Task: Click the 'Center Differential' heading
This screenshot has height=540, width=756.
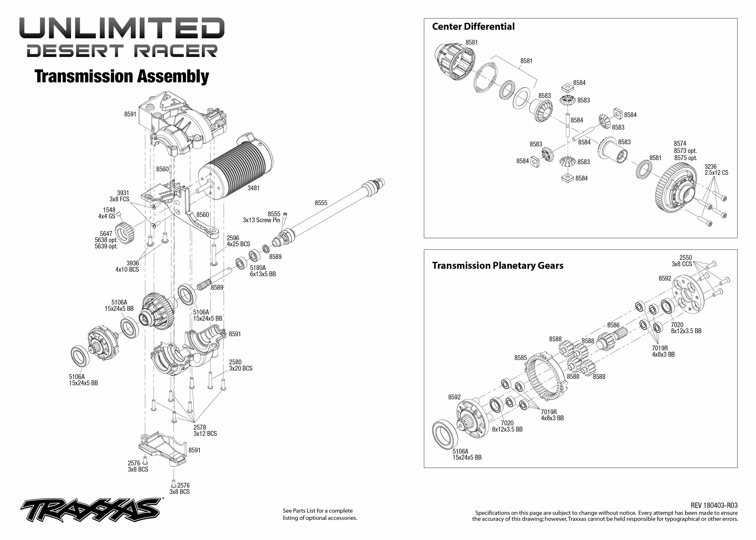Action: [473, 27]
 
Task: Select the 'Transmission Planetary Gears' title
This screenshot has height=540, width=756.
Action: [498, 266]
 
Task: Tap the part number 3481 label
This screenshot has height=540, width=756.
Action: [253, 188]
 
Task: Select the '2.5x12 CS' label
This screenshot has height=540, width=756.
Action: [716, 173]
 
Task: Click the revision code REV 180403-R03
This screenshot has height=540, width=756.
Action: [714, 505]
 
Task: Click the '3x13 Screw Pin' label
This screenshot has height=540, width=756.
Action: [261, 220]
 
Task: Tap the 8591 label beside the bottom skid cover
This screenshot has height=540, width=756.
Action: [194, 450]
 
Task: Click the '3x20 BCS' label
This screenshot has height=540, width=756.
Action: [240, 368]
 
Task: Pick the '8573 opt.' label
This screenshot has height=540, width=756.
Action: [685, 151]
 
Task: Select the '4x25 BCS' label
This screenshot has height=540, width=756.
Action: [238, 244]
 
